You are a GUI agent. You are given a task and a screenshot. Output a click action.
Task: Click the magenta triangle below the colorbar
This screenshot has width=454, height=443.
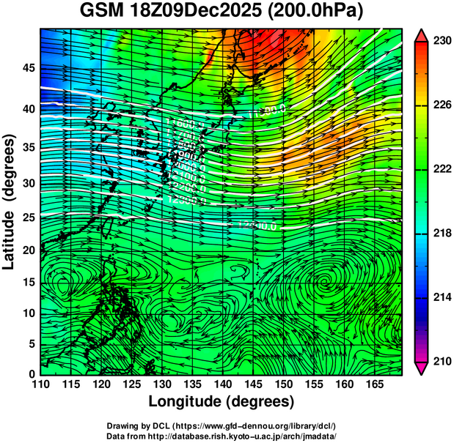tap(421, 368)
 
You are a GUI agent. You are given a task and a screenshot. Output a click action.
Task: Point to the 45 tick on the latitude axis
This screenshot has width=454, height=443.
tap(28, 68)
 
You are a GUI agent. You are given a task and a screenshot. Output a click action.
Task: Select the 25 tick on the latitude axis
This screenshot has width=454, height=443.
tap(28, 217)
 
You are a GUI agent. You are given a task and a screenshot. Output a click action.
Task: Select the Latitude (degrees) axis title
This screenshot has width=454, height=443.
tap(10, 201)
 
